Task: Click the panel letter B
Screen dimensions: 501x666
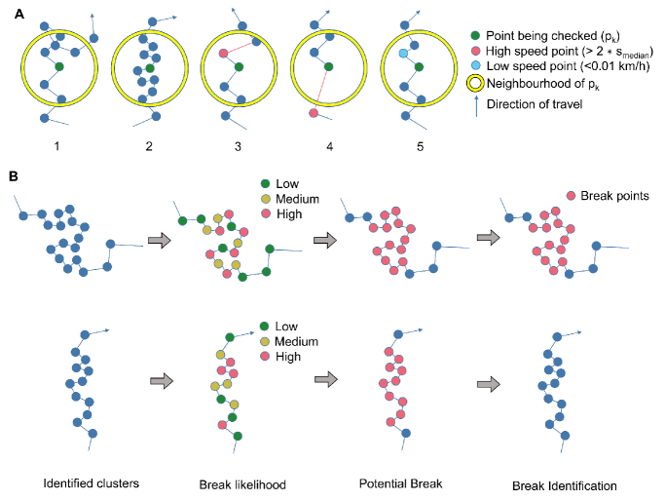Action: (12, 176)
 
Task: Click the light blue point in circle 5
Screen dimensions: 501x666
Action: (402, 58)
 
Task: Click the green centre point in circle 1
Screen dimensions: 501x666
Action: (59, 67)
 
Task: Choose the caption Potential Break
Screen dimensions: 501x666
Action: (396, 483)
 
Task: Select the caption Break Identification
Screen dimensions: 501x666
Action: (566, 483)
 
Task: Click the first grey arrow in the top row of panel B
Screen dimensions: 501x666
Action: (157, 239)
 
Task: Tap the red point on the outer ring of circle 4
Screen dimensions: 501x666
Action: (313, 114)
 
